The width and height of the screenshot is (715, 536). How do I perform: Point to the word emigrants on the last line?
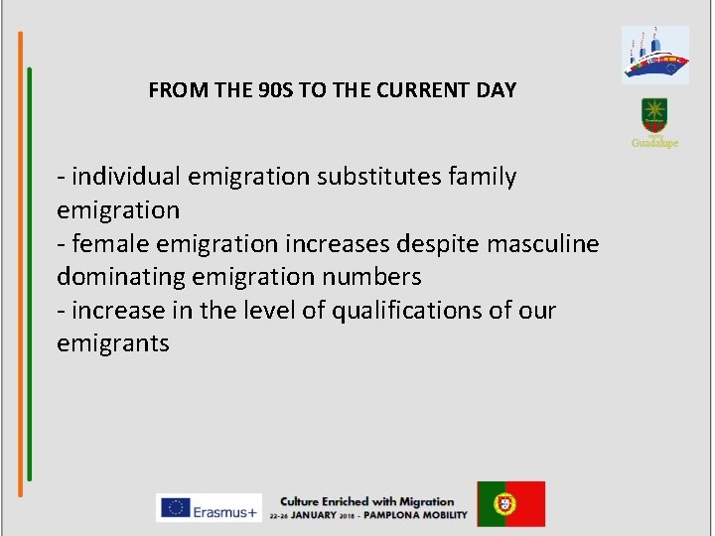113,344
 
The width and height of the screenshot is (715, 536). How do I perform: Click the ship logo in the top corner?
654,55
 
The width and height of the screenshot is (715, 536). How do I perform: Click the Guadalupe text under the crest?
654,143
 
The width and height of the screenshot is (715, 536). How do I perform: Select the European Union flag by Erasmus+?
177,507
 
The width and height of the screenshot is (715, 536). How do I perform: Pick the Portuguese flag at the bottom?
510,504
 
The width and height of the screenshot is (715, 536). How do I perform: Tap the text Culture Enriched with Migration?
366,501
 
